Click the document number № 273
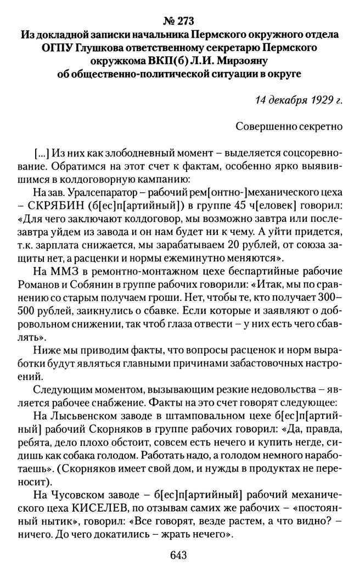point(180,21)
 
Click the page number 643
point(179,556)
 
